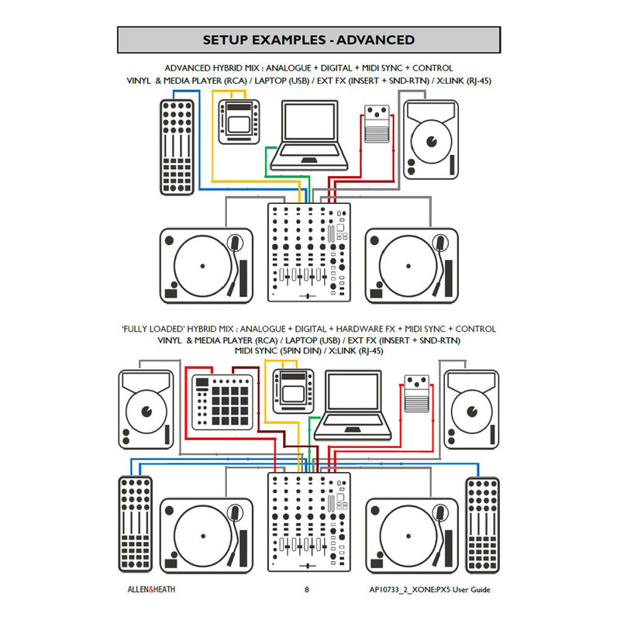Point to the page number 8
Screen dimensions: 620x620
click(307, 590)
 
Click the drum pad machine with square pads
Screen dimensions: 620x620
click(222, 403)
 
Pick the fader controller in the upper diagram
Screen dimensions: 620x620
click(177, 147)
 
